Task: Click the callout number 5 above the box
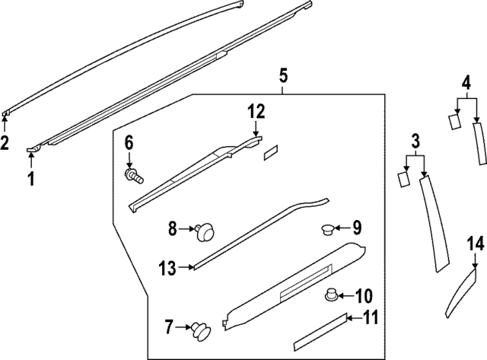[282, 75]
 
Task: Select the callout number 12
[255, 112]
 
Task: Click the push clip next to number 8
[204, 229]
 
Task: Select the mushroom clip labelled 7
[202, 330]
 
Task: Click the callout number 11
[370, 318]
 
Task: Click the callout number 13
[167, 267]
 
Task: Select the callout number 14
[476, 244]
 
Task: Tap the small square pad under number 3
[403, 178]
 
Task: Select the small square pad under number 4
[454, 120]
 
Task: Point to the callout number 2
[5, 142]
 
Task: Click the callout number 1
[31, 180]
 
